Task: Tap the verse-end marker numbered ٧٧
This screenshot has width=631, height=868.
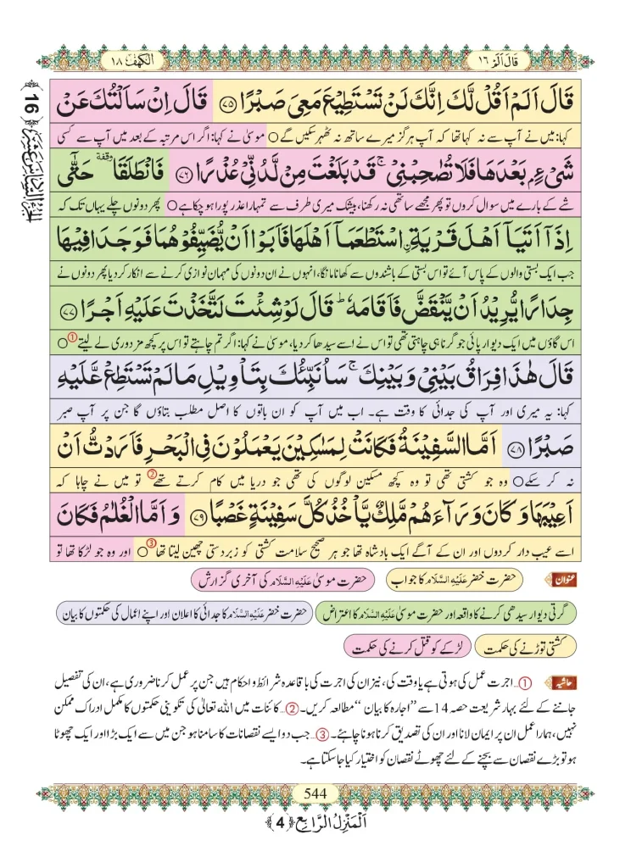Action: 73,320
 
